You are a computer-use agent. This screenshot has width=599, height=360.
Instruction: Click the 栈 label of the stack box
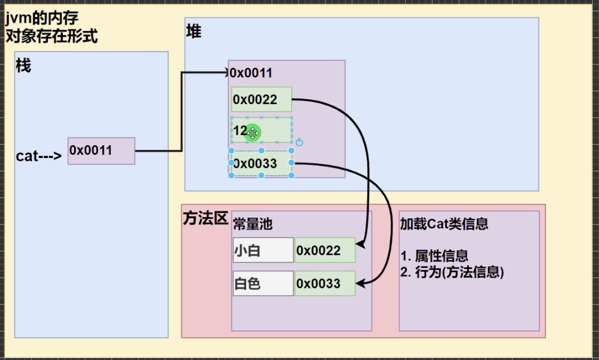pyautogui.click(x=23, y=65)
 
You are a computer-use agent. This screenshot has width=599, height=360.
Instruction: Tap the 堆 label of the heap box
pyautogui.click(x=194, y=32)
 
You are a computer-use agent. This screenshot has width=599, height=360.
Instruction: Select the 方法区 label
pyautogui.click(x=205, y=219)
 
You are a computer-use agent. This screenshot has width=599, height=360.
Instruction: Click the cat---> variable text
pyautogui.click(x=39, y=156)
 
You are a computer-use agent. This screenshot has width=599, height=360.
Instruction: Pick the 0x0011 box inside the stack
pyautogui.click(x=101, y=150)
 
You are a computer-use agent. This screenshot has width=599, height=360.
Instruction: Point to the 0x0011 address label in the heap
pyautogui.click(x=251, y=73)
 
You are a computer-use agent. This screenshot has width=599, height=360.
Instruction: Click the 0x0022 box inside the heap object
pyautogui.click(x=261, y=100)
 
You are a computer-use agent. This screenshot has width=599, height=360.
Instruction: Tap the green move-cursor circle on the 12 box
pyautogui.click(x=252, y=133)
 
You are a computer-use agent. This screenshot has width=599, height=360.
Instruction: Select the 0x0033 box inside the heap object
pyautogui.click(x=261, y=164)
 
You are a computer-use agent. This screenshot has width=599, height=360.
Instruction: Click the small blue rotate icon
pyautogui.click(x=299, y=142)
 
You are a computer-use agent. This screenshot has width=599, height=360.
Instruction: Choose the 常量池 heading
pyautogui.click(x=253, y=224)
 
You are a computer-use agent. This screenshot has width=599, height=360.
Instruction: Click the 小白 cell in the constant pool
pyautogui.click(x=263, y=250)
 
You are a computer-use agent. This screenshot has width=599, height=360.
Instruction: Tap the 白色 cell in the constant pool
pyautogui.click(x=263, y=284)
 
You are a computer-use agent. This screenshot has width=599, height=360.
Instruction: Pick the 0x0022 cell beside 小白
pyautogui.click(x=324, y=250)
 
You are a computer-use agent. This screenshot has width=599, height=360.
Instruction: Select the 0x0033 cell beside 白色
pyautogui.click(x=324, y=284)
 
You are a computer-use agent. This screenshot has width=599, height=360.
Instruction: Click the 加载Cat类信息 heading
pyautogui.click(x=444, y=224)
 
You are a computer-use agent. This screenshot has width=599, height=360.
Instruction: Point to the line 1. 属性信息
pyautogui.click(x=434, y=256)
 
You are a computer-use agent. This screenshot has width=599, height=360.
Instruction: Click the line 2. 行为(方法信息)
pyautogui.click(x=452, y=272)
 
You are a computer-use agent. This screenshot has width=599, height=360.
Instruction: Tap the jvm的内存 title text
pyautogui.click(x=42, y=19)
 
